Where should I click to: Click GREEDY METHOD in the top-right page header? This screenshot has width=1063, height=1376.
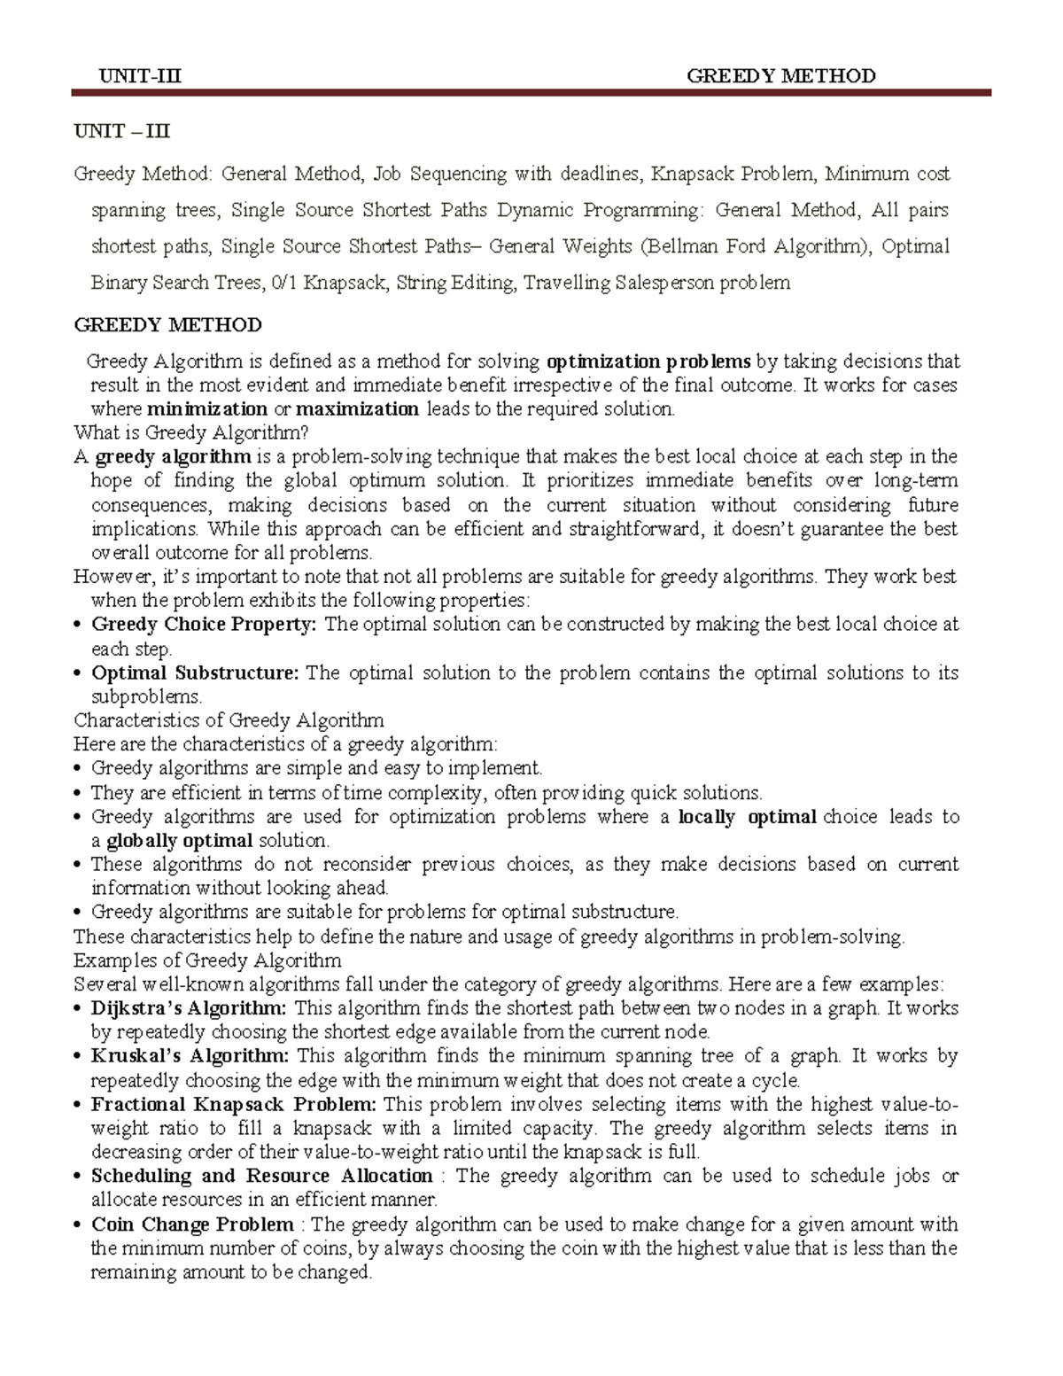tap(780, 76)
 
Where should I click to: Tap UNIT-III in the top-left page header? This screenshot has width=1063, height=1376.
tap(140, 76)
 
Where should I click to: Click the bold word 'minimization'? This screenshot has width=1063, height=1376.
tap(207, 409)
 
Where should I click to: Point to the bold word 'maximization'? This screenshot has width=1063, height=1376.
tap(357, 409)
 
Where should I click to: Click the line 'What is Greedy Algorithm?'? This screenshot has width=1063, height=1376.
tap(190, 433)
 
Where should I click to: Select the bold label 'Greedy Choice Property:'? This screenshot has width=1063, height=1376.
tap(204, 625)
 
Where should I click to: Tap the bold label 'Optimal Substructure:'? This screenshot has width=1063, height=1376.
tap(195, 672)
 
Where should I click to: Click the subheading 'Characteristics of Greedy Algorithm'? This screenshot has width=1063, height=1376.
tap(229, 720)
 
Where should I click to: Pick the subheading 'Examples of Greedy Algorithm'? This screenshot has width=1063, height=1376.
tap(207, 960)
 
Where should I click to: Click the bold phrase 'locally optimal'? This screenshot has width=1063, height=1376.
tap(747, 817)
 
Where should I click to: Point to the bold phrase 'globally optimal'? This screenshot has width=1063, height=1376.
tap(180, 841)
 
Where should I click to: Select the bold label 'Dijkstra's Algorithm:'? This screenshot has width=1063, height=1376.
tap(189, 1008)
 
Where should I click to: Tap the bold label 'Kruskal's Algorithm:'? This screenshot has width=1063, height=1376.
tap(190, 1056)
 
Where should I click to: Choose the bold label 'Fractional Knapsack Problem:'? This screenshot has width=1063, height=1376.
tap(234, 1105)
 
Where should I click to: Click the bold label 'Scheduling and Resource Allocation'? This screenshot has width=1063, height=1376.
tap(261, 1177)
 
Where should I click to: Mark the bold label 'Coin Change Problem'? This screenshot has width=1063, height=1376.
tap(192, 1224)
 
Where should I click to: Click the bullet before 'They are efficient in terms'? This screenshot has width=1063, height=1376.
tap(79, 794)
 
